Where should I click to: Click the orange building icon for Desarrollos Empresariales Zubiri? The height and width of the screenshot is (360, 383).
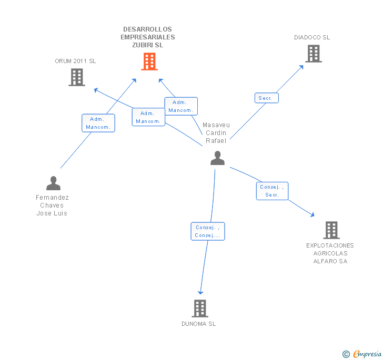click(x=149, y=61)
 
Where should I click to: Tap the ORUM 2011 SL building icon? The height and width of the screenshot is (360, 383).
click(x=77, y=77)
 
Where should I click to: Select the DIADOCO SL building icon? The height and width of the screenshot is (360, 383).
click(x=313, y=54)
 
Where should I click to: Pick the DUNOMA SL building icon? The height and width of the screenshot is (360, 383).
click(x=199, y=308)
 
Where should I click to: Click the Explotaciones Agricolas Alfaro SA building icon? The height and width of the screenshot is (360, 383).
click(x=331, y=230)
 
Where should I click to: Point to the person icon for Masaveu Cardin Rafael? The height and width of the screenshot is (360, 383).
click(x=217, y=158)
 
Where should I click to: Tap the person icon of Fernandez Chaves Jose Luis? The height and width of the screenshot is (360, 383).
click(x=53, y=183)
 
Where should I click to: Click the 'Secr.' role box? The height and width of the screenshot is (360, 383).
click(x=266, y=98)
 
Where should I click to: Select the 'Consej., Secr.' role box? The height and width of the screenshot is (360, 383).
click(x=273, y=191)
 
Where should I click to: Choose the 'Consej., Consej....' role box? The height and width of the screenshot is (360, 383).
click(x=207, y=231)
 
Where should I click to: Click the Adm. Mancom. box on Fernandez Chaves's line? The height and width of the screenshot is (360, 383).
click(x=98, y=123)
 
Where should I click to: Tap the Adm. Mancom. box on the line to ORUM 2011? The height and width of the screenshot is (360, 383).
click(x=148, y=117)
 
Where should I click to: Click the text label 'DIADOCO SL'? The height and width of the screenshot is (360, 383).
click(x=312, y=37)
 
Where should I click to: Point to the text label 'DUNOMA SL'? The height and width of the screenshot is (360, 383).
click(x=199, y=324)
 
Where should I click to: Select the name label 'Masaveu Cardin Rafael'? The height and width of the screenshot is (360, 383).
click(x=216, y=133)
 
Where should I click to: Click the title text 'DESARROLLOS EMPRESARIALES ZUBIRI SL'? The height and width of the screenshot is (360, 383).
click(x=148, y=37)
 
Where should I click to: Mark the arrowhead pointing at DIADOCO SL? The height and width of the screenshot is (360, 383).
click(x=301, y=67)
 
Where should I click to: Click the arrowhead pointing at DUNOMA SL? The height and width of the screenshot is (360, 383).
click(x=200, y=292)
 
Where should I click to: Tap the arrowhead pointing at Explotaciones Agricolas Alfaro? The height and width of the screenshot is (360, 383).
click(x=312, y=214)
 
